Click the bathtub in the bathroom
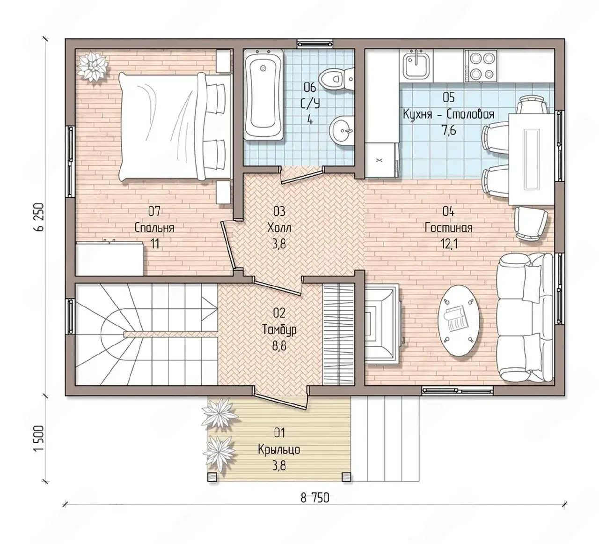pos(263,95)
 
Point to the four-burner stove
pos(481,66)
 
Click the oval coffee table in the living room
pos(460,320)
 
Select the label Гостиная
pos(448,228)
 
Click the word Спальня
pos(154,228)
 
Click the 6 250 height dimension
pos(39,217)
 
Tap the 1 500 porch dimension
pos(39,439)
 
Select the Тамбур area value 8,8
pos(279,347)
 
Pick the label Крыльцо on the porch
pos(279,450)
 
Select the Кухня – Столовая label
pos(448,114)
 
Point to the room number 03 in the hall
pos(279,212)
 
